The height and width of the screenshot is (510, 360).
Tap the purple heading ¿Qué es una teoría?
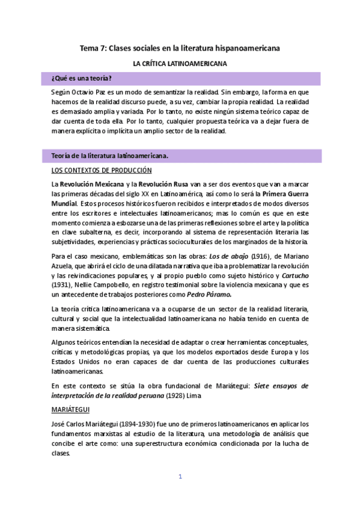[x=82, y=79]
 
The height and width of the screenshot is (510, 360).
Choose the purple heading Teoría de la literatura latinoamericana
[x=110, y=156]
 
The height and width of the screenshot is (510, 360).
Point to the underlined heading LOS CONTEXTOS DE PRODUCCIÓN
[x=101, y=170]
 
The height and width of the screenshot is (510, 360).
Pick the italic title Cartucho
[x=293, y=276]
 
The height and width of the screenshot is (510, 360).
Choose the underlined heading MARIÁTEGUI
[x=70, y=409]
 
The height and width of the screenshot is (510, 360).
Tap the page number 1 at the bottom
[x=179, y=477]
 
